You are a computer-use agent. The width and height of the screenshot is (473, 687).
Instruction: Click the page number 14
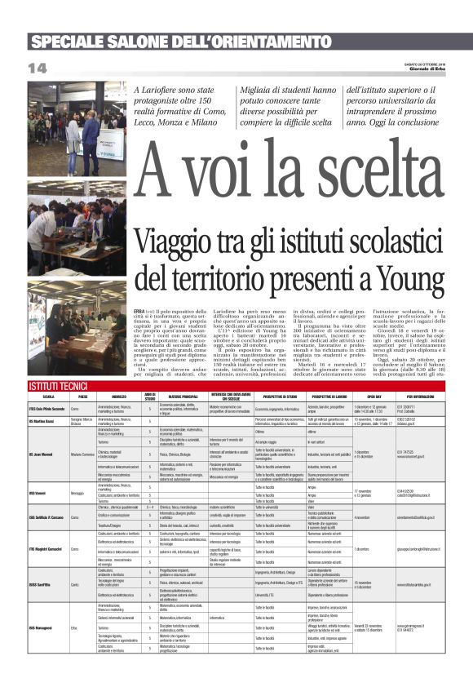[x=38, y=66]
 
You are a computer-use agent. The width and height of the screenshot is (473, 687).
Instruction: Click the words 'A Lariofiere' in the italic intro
[x=158, y=89]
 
